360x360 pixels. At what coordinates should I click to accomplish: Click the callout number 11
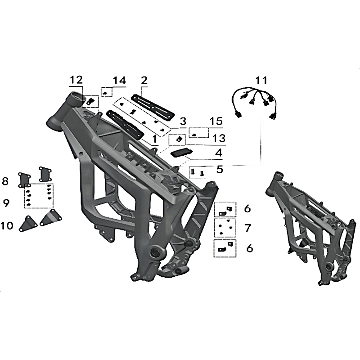point(261,81)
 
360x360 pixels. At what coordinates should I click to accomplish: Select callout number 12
point(76,80)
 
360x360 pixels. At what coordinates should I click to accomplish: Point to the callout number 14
point(119,81)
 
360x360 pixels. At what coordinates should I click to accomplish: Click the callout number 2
point(144,81)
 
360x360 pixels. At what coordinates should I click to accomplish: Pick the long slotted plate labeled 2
point(153,106)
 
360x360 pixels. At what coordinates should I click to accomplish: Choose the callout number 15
point(216,121)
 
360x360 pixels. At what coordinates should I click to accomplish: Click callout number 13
point(219,139)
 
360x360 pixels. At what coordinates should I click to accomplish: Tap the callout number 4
point(219,153)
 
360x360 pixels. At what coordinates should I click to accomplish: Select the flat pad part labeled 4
point(181,153)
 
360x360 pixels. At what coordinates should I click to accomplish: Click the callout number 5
point(220,170)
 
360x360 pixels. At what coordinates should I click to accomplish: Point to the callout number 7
point(248,228)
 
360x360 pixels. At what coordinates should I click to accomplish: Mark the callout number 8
point(5,181)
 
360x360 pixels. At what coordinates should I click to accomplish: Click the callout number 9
point(6,203)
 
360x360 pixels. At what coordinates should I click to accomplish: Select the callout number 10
point(7,226)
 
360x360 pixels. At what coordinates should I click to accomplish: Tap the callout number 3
point(183,121)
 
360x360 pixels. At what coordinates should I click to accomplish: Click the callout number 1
point(155,139)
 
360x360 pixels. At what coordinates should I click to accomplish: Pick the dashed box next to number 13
point(177,140)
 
